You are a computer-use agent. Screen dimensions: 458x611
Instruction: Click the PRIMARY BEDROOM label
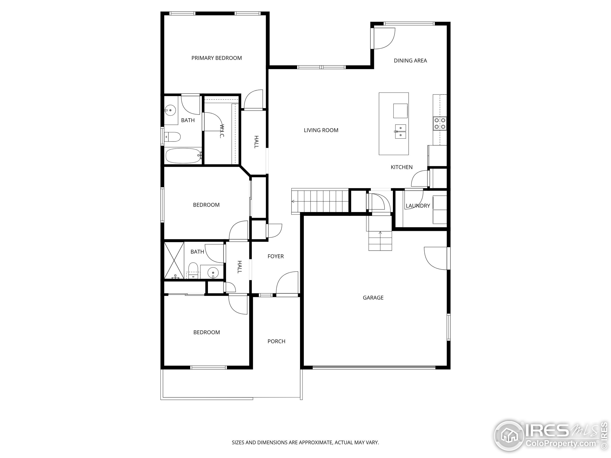[x=216, y=58]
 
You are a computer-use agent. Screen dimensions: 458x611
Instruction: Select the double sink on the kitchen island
[x=400, y=132]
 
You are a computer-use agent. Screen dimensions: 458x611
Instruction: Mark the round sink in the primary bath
[x=170, y=110]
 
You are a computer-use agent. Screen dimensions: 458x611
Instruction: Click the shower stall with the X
[x=174, y=260]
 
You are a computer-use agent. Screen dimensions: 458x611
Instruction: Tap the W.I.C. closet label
[x=222, y=131]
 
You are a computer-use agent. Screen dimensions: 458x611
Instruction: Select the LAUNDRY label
[x=418, y=206]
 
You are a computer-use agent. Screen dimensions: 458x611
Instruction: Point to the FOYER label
[x=275, y=256]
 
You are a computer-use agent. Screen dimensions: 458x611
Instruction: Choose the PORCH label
[x=276, y=341]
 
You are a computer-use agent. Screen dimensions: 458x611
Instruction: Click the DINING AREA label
[x=410, y=60]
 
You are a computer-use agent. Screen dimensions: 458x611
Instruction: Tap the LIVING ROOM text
[x=321, y=130]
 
